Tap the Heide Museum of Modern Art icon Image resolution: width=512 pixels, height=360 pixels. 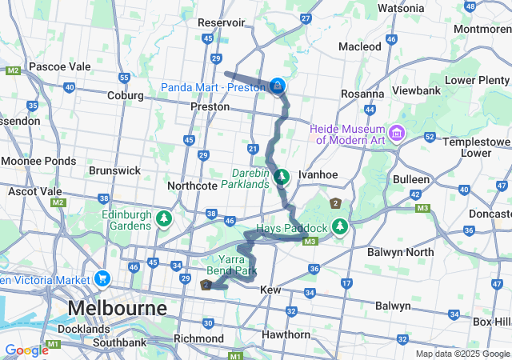(x=397, y=131)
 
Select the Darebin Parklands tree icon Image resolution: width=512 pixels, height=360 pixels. (x=281, y=176)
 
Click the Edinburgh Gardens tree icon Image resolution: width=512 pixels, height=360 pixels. (x=164, y=218)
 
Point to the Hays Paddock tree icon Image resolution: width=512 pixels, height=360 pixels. (x=340, y=227)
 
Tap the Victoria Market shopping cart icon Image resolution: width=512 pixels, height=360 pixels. (x=102, y=279)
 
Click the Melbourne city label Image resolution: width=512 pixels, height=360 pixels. (x=118, y=308)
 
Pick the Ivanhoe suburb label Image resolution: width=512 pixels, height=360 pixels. (x=314, y=174)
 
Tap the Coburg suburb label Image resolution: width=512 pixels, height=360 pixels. (x=124, y=96)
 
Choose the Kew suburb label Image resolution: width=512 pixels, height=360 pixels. (x=270, y=289)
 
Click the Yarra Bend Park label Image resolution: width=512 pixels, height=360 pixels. (x=237, y=265)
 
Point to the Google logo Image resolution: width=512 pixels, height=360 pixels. (x=26, y=350)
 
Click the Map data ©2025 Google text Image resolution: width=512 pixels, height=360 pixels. (x=462, y=354)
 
